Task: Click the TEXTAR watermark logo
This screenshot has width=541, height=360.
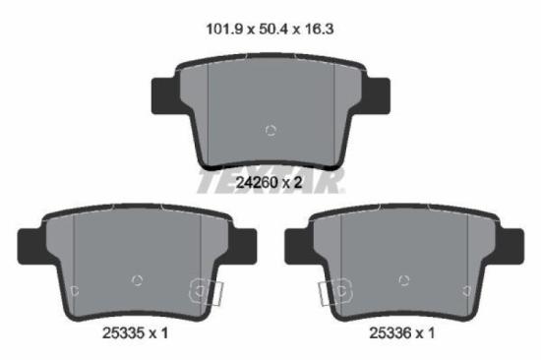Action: click(270, 181)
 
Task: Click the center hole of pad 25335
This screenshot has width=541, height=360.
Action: click(138, 280)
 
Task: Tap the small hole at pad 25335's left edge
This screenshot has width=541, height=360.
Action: click(75, 290)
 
